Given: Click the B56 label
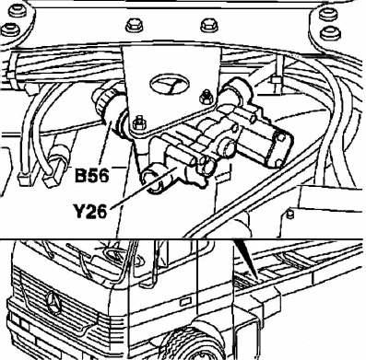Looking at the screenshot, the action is tap(92, 176).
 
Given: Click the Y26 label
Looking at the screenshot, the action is tap(90, 212).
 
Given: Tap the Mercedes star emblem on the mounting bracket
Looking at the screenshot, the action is tap(169, 84).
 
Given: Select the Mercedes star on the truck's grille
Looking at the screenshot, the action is tap(54, 302).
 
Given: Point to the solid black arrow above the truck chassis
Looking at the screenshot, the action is tap(246, 261).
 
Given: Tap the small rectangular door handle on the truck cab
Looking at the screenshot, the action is tap(185, 302).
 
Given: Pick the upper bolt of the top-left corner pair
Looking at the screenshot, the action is tap(18, 13).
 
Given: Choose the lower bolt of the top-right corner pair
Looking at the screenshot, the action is tap(330, 33).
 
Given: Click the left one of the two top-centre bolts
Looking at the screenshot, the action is tap(134, 25).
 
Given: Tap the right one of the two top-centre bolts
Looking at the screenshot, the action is tap(209, 25).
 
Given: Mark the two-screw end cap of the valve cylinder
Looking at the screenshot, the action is tap(278, 148).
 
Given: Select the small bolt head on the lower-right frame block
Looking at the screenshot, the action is tap(289, 214).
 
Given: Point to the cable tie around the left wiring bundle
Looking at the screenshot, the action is tap(11, 74).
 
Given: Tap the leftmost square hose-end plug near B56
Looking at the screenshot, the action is tap(25, 179).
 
